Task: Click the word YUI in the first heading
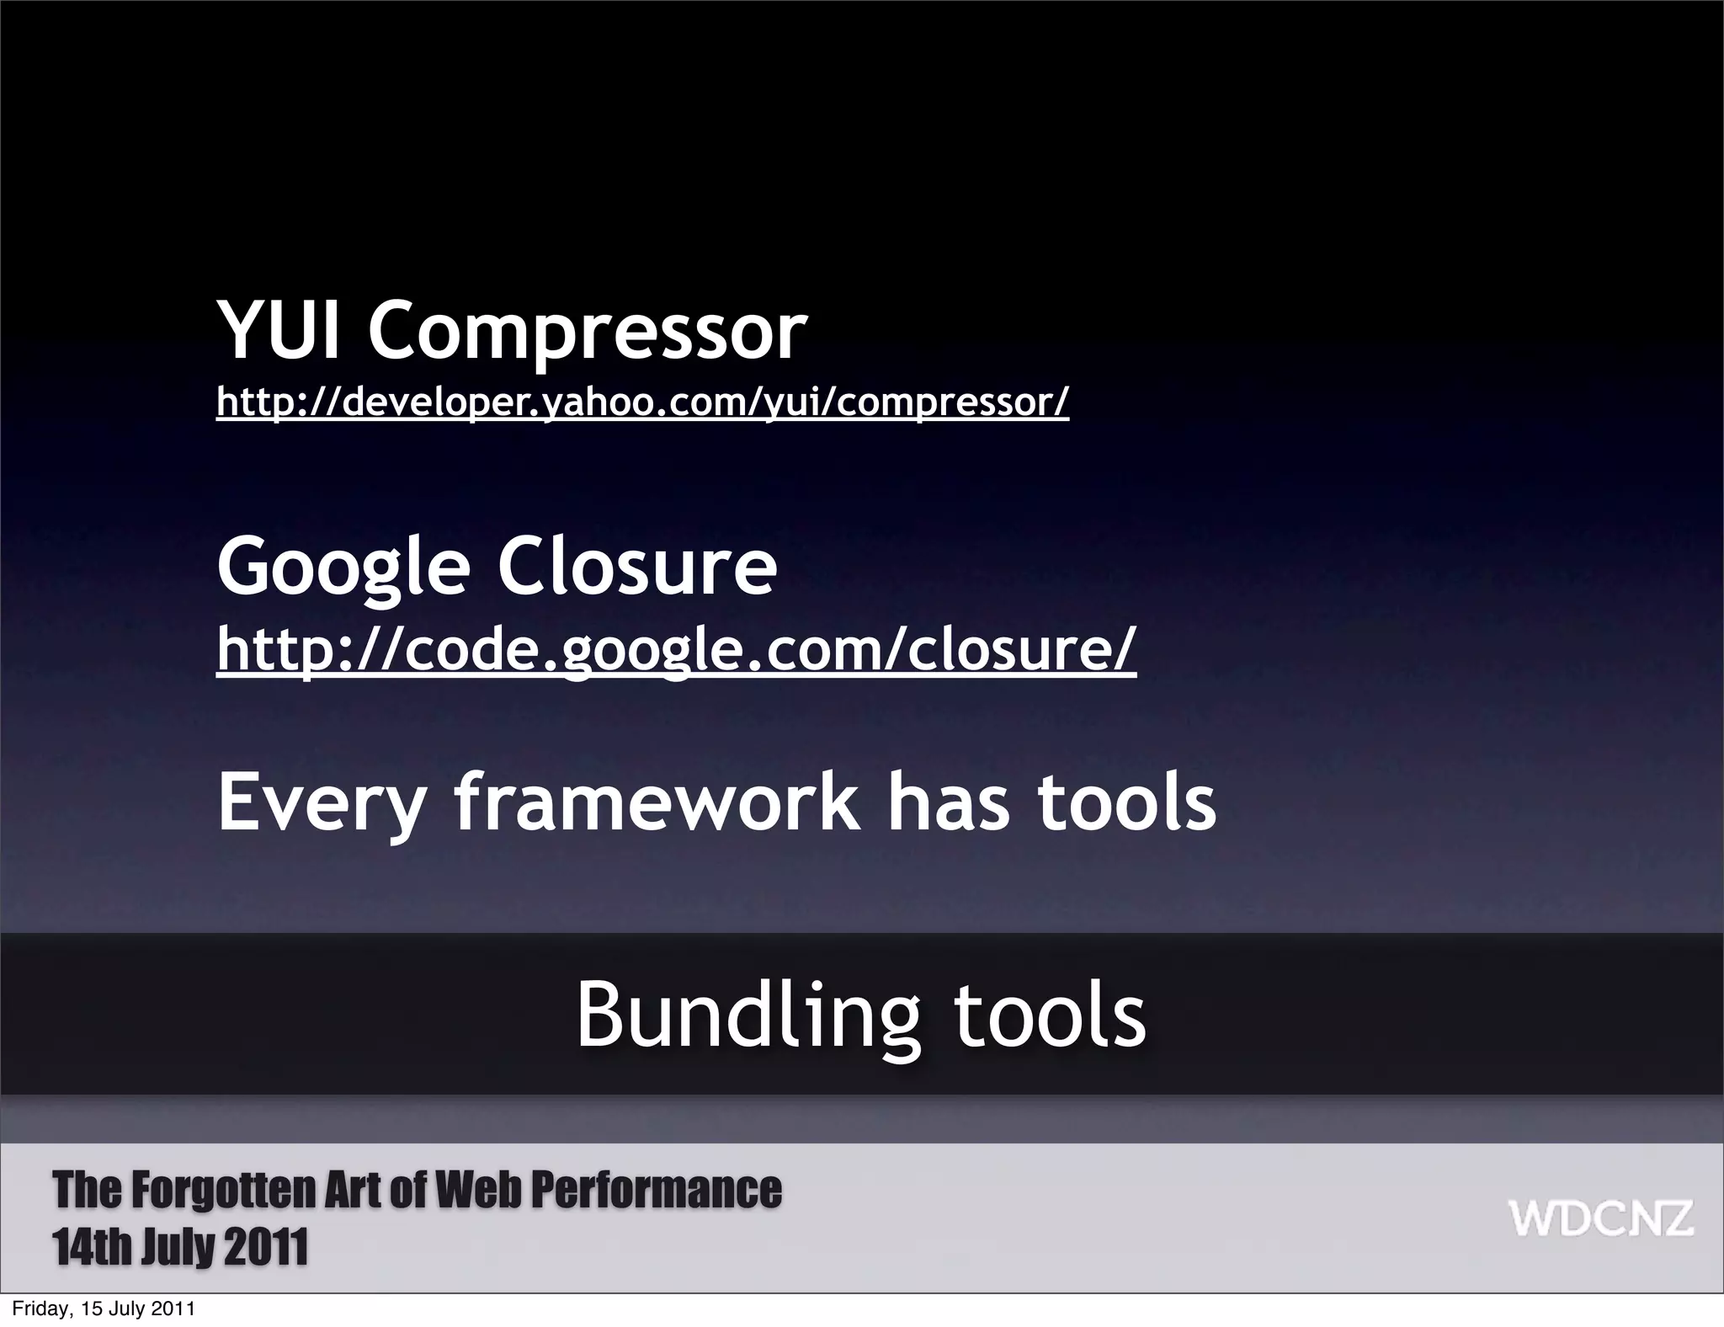pyautogui.click(x=279, y=331)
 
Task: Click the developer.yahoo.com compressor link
pyautogui.click(x=642, y=402)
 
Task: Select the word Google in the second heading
pyautogui.click(x=343, y=568)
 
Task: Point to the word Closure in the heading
pyautogui.click(x=636, y=566)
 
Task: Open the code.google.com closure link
pyautogui.click(x=677, y=648)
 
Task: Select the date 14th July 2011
pyautogui.click(x=180, y=1247)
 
